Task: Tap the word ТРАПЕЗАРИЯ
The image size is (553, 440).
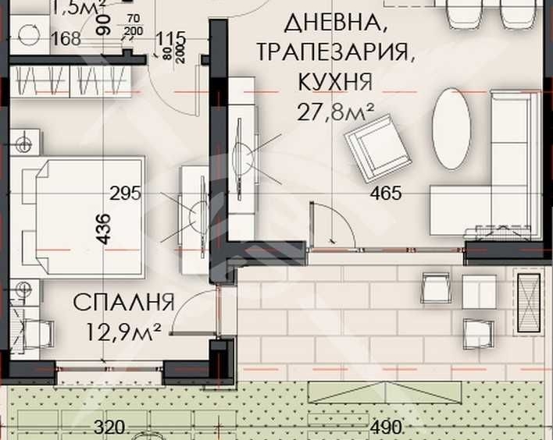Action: point(334,51)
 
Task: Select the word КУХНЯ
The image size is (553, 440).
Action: point(334,81)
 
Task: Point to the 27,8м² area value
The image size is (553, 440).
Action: point(334,112)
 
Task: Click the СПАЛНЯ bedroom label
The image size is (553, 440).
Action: point(125,302)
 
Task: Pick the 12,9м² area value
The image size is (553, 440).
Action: point(125,332)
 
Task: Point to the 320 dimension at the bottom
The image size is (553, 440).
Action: point(109,428)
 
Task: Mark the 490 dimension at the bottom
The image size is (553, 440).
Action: point(387,428)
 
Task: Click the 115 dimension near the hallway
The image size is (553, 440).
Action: point(169,38)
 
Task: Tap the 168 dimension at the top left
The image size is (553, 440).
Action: point(66,38)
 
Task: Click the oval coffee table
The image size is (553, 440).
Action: point(451,129)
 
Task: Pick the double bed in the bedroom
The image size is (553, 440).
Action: point(82,215)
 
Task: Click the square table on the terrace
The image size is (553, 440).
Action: point(478,291)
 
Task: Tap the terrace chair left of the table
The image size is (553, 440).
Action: point(436,288)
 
